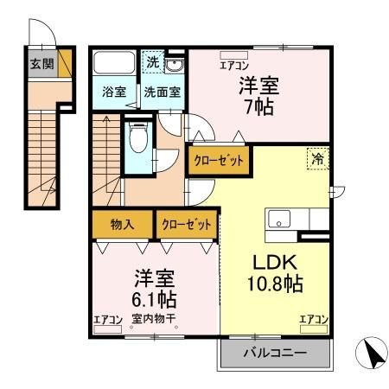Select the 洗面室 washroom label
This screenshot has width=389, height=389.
click(161, 92)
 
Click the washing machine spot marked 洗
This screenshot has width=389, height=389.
click(152, 62)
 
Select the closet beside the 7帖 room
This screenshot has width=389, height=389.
click(219, 162)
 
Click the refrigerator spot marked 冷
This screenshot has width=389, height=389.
click(317, 158)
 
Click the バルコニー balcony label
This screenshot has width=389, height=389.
click(274, 353)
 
